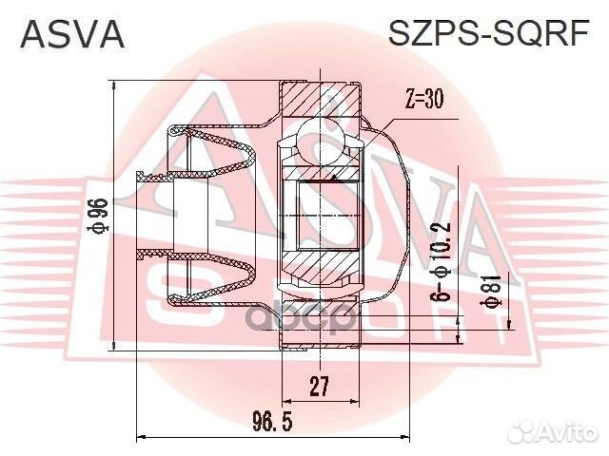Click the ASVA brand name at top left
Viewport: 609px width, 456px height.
point(72,34)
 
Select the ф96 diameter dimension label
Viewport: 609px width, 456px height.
point(98,217)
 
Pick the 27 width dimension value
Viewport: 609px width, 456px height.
point(321,386)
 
